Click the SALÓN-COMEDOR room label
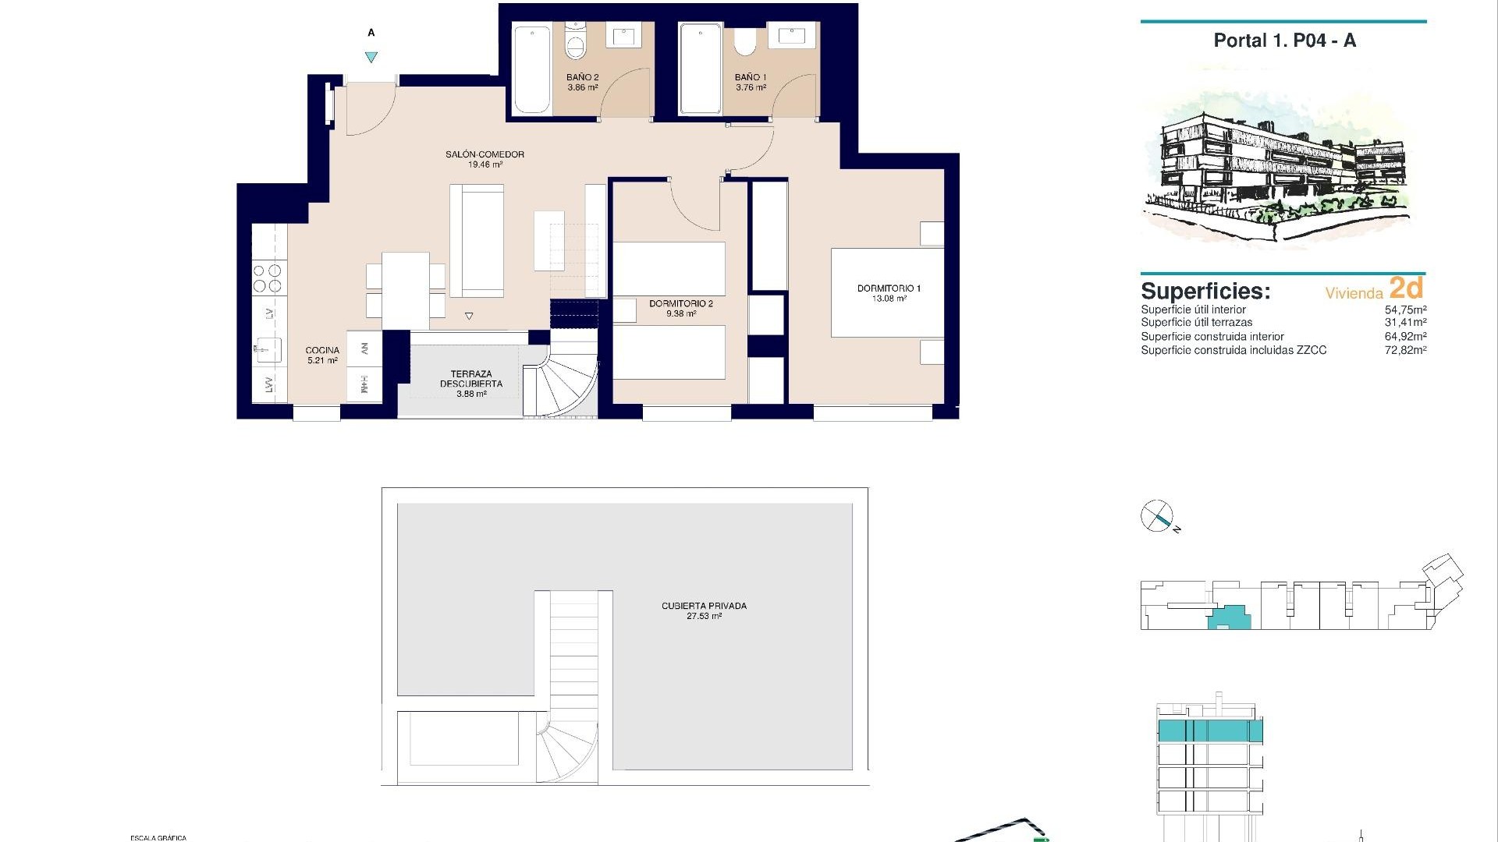click(x=485, y=154)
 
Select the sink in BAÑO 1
click(x=792, y=36)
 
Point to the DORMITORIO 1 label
click(x=889, y=288)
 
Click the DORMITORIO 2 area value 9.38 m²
click(x=680, y=314)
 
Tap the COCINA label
click(x=322, y=350)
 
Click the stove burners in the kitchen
click(x=267, y=278)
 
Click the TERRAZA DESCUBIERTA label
click(x=470, y=379)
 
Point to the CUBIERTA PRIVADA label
click(x=704, y=606)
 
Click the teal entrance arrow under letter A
click(x=371, y=57)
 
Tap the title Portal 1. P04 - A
click(x=1284, y=41)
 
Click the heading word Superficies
click(x=1205, y=292)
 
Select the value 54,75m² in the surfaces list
click(x=1405, y=310)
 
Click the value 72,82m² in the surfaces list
click(x=1405, y=351)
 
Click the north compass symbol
click(x=1157, y=515)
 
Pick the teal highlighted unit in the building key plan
click(x=1229, y=619)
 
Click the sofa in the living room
click(x=477, y=239)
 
